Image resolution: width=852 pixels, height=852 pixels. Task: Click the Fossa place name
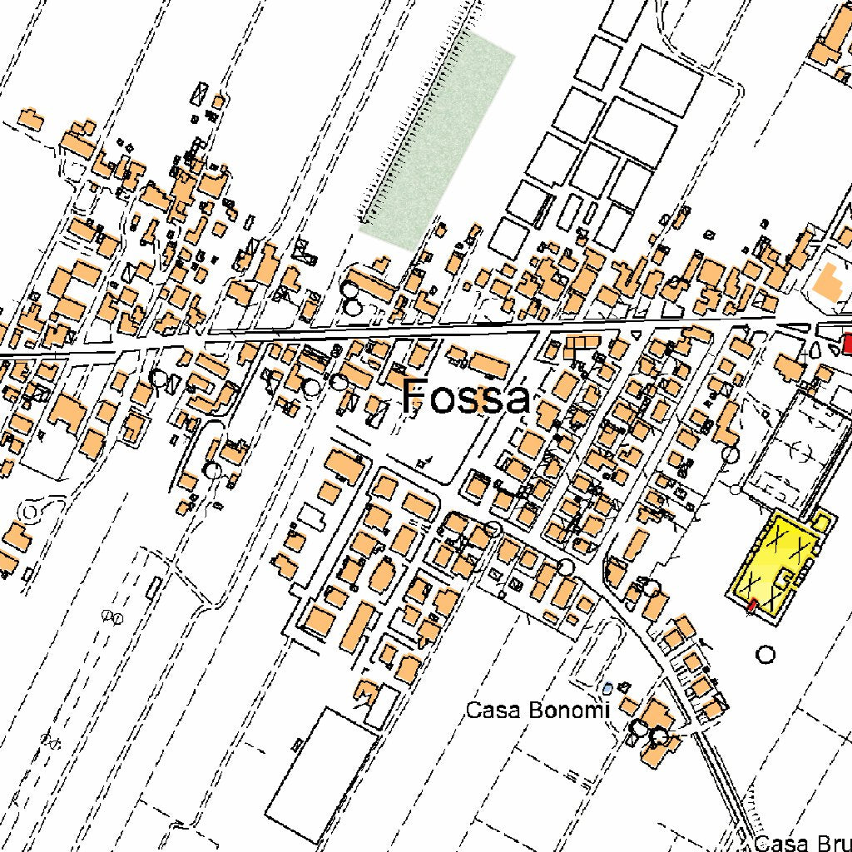[466, 397]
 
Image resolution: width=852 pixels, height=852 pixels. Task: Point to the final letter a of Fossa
[517, 400]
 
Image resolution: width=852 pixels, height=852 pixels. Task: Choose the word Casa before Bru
[780, 844]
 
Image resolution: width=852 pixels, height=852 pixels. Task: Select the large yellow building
[774, 566]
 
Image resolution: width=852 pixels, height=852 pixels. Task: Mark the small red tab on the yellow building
[752, 605]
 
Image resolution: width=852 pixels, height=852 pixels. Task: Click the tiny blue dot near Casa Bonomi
[608, 688]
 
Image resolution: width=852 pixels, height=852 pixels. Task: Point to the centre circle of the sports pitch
[800, 450]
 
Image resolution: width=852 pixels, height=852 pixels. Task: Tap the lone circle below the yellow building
[765, 655]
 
